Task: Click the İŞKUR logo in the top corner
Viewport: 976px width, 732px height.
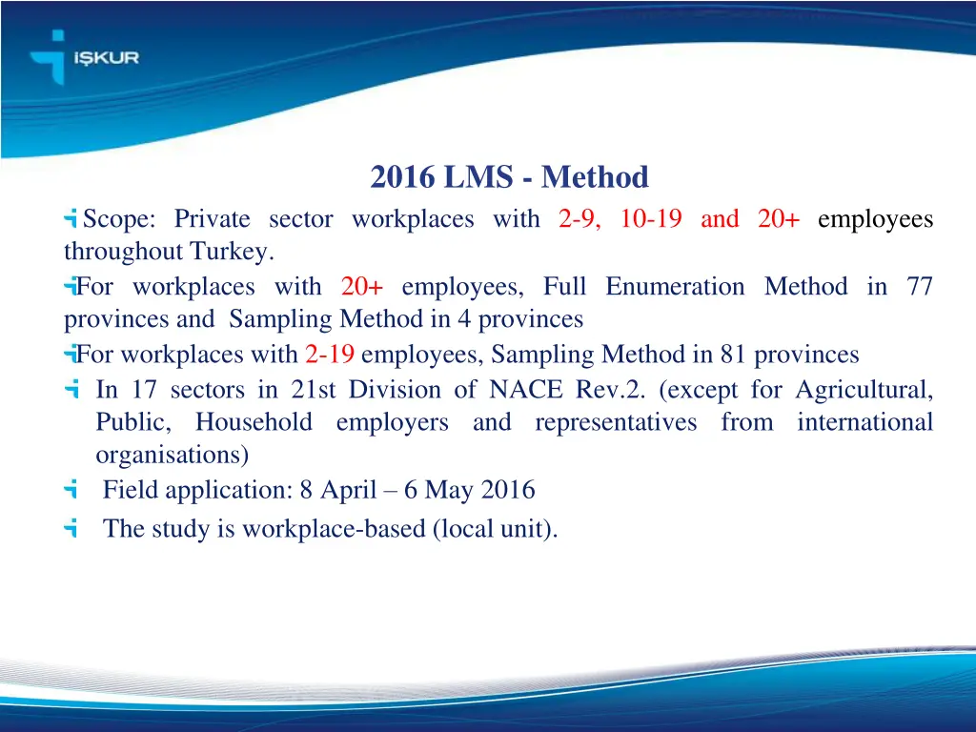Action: click(x=85, y=58)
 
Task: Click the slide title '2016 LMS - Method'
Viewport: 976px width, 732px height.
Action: click(x=509, y=177)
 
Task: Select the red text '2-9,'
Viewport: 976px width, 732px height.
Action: click(x=579, y=219)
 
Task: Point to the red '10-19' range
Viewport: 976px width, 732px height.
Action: click(x=650, y=219)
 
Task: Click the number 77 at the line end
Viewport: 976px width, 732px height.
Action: click(x=920, y=287)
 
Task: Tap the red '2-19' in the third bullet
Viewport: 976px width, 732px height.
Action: click(x=331, y=356)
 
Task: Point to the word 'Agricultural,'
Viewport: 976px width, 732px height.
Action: click(x=864, y=390)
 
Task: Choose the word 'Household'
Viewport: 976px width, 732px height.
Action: click(x=254, y=422)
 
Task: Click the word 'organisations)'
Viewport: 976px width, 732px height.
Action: click(x=173, y=455)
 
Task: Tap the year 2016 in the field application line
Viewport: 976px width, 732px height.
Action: click(x=507, y=491)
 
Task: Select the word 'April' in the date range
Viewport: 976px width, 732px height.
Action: click(x=354, y=491)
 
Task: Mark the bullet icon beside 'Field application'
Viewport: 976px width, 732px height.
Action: click(x=71, y=491)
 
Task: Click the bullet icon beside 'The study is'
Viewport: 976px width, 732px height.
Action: click(x=71, y=528)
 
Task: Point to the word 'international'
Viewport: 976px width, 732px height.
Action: click(x=865, y=422)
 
